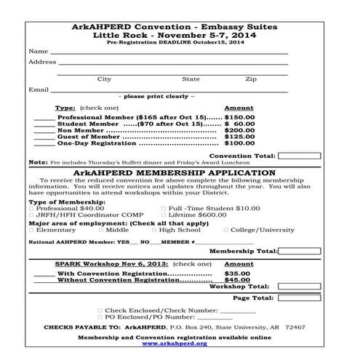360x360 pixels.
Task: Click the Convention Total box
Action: point(299,156)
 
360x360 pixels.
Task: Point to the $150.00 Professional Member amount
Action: point(240,116)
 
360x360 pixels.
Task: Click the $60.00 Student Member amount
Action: point(240,124)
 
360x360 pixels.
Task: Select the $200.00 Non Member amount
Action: point(240,130)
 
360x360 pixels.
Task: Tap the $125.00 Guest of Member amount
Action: point(240,137)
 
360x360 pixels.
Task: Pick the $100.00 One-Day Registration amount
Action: point(240,143)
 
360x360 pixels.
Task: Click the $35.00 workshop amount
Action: point(237,273)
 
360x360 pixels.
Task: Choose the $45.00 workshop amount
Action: point(237,280)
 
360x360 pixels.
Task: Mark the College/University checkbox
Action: point(225,230)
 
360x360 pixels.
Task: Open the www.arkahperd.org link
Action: point(175,343)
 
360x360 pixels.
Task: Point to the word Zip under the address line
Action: point(250,79)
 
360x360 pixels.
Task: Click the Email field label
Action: point(38,89)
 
